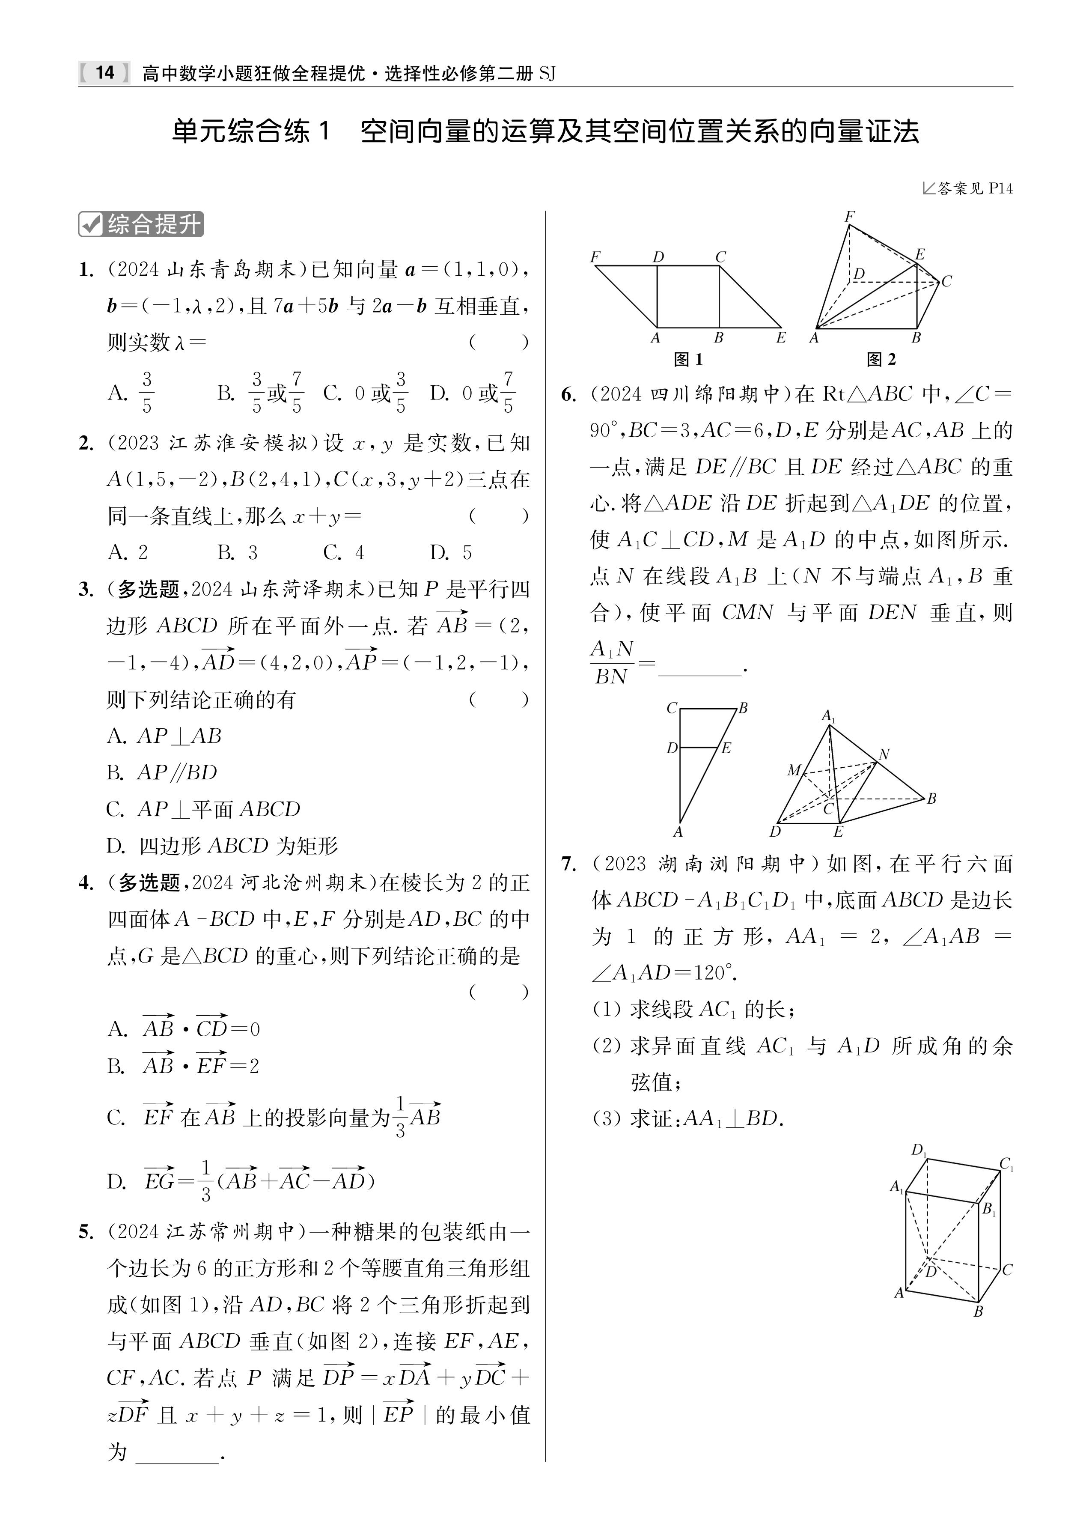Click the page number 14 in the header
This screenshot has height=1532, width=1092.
pos(105,73)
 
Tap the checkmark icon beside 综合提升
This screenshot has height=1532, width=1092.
pos(90,225)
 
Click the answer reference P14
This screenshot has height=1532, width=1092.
pos(1000,188)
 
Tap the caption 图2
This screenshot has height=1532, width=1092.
pos(881,360)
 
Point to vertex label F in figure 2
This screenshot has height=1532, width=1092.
pos(849,217)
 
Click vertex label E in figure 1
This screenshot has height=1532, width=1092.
pos(781,337)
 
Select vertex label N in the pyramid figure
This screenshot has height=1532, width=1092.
pos(884,754)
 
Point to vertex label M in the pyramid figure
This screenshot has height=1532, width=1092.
pos(794,770)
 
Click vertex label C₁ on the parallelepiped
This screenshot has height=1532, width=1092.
pos(1007,1164)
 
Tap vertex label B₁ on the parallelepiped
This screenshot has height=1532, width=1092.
pos(988,1209)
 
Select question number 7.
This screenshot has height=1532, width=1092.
pos(568,864)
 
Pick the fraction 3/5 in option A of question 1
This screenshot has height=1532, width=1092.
pos(146,393)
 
